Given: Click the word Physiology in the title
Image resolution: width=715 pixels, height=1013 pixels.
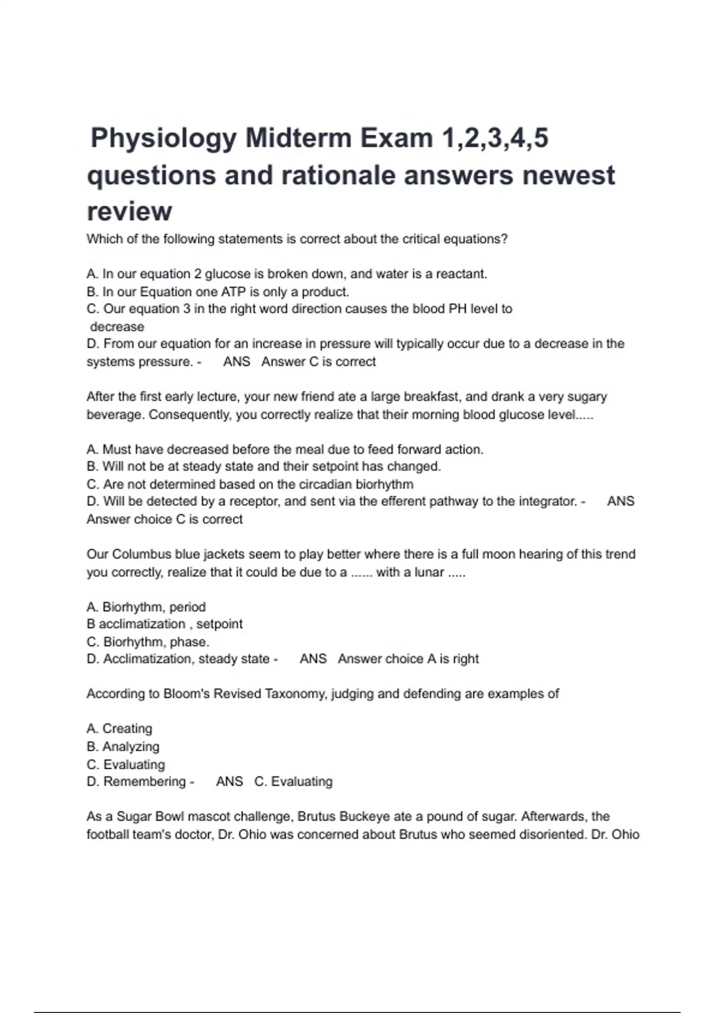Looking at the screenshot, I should pyautogui.click(x=163, y=139).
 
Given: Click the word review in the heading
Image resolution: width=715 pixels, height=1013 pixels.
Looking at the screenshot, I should pyautogui.click(x=129, y=212).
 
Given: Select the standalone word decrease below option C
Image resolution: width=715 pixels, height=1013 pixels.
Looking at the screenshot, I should pyautogui.click(x=117, y=327).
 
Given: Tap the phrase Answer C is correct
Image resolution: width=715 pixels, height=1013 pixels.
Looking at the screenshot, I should pyautogui.click(x=319, y=362).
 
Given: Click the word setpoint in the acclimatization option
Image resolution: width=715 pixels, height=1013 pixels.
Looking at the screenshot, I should pyautogui.click(x=219, y=624).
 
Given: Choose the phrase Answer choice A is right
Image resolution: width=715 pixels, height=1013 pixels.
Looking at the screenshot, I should pyautogui.click(x=408, y=659).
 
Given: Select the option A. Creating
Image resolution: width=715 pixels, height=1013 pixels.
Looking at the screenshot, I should pyautogui.click(x=119, y=729).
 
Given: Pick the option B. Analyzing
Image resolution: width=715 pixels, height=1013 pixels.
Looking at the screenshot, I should pyautogui.click(x=123, y=747).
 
